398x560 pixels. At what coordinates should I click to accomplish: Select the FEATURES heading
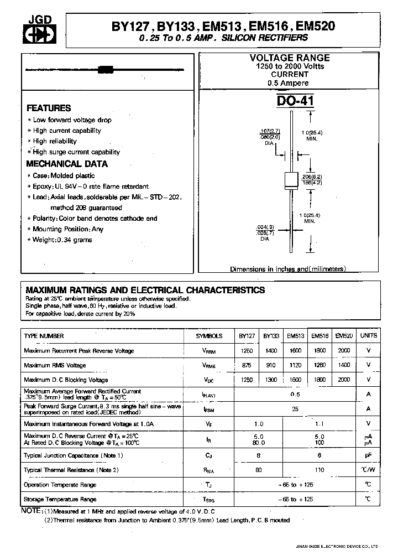(49, 108)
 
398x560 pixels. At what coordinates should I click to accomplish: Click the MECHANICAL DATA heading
(67, 164)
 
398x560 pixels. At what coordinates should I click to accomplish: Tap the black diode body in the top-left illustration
(105, 70)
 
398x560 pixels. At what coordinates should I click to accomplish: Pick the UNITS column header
(369, 336)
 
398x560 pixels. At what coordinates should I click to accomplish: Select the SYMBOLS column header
(210, 336)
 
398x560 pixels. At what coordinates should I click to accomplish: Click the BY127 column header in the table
(247, 336)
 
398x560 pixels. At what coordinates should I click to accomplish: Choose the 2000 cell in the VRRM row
(344, 351)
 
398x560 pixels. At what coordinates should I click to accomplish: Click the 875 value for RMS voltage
(247, 365)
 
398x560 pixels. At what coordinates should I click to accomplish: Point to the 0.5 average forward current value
(295, 395)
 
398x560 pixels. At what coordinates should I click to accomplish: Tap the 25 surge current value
(295, 409)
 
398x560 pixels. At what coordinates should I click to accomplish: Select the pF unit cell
(369, 455)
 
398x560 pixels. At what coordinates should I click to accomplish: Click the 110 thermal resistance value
(320, 470)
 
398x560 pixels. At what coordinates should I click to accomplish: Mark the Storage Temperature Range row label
(60, 499)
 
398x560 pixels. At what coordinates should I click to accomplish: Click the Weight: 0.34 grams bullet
(62, 240)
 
